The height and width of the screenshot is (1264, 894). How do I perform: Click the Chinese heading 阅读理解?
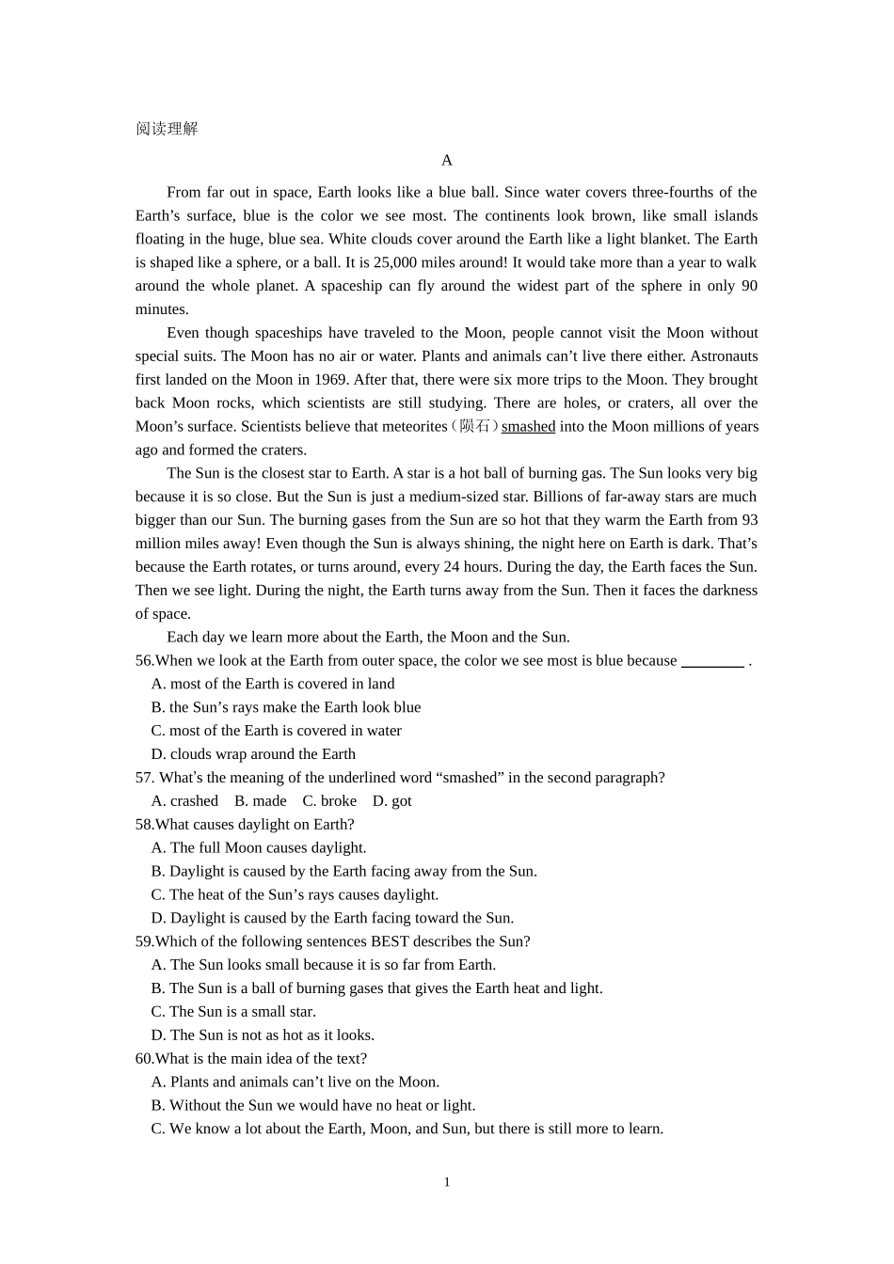coord(167,129)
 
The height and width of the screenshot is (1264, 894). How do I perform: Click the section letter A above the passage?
coord(447,160)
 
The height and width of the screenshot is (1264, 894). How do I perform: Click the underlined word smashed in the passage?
coord(528,426)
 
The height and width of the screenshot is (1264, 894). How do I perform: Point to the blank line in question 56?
coord(712,661)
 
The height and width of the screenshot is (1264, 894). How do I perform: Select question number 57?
coord(145,778)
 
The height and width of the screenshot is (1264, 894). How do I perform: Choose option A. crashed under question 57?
coord(184,801)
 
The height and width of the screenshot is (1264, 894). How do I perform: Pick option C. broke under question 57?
coord(329,801)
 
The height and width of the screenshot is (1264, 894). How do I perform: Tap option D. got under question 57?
coord(391,801)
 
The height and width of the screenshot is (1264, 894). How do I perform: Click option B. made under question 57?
coord(261,801)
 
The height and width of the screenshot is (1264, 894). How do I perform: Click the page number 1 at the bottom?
coord(447,1182)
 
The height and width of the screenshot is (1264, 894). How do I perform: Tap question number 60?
coord(145,1059)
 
